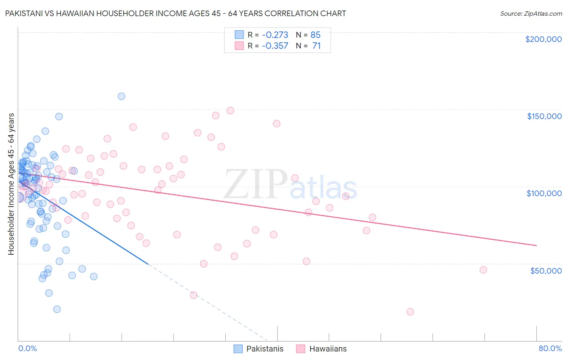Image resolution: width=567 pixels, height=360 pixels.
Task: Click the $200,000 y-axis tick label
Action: tap(543, 39)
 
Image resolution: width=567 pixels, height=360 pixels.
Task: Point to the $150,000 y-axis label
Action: tap(544, 116)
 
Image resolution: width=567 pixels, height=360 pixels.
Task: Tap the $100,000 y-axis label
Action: tap(544, 193)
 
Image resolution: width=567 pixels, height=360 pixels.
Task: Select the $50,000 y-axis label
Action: tap(546, 270)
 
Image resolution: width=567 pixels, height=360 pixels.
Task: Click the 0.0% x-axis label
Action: tap(27, 348)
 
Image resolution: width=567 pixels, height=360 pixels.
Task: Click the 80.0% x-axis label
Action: tap(550, 348)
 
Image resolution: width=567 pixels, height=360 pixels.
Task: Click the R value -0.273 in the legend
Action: tap(275, 35)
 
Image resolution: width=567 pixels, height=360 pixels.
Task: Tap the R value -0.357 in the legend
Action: tap(275, 46)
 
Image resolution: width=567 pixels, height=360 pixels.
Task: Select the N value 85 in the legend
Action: tap(315, 35)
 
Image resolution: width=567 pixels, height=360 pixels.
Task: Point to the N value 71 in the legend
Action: tap(316, 46)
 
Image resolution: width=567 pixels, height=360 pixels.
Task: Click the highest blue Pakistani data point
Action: tap(121, 96)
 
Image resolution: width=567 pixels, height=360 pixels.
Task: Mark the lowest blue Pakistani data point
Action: tap(57, 309)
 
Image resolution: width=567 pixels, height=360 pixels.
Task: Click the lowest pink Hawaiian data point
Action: tap(410, 312)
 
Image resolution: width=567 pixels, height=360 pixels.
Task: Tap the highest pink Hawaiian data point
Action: tap(230, 111)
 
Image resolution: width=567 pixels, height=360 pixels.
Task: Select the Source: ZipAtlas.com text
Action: tap(531, 14)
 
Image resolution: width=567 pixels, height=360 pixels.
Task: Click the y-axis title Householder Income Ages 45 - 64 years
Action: tap(11, 184)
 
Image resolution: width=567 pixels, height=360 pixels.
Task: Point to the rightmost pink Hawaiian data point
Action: tap(483, 270)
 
